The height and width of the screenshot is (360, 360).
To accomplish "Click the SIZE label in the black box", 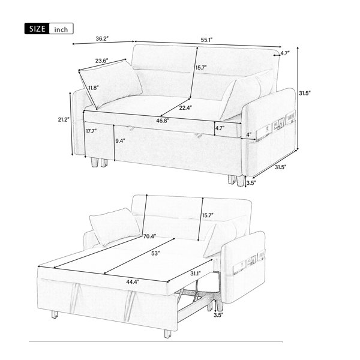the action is pyautogui.click(x=37, y=29).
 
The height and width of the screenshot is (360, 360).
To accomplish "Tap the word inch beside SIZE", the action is pyautogui.click(x=61, y=29).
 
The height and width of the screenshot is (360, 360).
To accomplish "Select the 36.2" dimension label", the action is pyautogui.click(x=102, y=38).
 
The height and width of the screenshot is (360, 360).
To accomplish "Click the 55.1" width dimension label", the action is pyautogui.click(x=206, y=40).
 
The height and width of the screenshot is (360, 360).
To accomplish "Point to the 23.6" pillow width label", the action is pyautogui.click(x=102, y=61).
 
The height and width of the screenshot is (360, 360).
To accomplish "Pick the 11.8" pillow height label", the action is pyautogui.click(x=94, y=88).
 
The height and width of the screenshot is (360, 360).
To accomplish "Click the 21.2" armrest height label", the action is pyautogui.click(x=64, y=119).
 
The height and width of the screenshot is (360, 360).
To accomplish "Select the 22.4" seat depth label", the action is pyautogui.click(x=185, y=107).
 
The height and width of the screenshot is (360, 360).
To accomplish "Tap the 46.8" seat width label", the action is pyautogui.click(x=163, y=121).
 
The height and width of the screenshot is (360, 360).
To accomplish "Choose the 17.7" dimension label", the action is pyautogui.click(x=91, y=131).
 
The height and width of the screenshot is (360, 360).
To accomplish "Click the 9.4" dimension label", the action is pyautogui.click(x=121, y=141).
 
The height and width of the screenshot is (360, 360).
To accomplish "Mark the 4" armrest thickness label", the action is pyautogui.click(x=249, y=134).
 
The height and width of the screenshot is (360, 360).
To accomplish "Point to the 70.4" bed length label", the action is pyautogui.click(x=149, y=236).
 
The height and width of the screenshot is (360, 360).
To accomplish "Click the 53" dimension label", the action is pyautogui.click(x=155, y=253).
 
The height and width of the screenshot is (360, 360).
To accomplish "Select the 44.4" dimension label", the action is pyautogui.click(x=133, y=282).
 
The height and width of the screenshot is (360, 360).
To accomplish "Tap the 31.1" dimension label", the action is pyautogui.click(x=196, y=273).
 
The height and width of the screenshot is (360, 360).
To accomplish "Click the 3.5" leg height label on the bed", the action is pyautogui.click(x=218, y=315).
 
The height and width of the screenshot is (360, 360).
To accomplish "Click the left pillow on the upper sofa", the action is pyautogui.click(x=110, y=83).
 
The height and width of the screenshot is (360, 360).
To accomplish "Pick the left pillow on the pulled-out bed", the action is pyautogui.click(x=115, y=227).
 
